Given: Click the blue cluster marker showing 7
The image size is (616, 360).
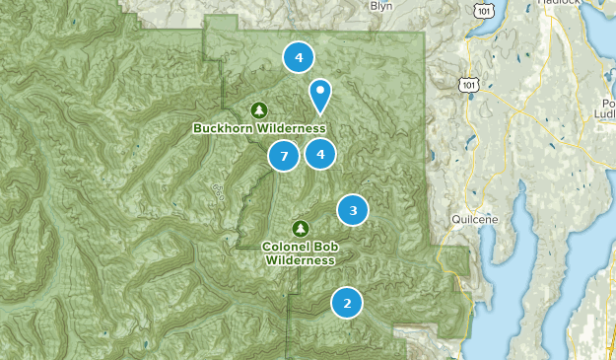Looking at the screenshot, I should [283, 156].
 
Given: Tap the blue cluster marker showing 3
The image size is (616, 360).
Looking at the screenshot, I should [353, 209].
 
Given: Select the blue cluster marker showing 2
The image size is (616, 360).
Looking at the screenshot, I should [346, 303].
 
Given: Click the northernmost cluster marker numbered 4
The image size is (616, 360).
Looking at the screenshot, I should [298, 57].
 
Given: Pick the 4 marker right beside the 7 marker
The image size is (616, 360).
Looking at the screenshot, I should [319, 154].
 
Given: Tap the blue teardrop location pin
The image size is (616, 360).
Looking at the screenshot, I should [319, 95].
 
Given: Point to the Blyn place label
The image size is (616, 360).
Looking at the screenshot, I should [380, 6].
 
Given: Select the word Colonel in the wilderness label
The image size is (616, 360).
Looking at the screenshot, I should [288, 246].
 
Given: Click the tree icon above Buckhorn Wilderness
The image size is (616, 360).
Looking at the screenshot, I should [259, 109].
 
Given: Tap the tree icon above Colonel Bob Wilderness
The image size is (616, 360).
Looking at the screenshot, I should [302, 228].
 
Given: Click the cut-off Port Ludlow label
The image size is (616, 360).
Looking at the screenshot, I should [604, 108].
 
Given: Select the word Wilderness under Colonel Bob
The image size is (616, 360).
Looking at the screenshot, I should [301, 260].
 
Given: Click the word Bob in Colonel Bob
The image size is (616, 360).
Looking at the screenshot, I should [323, 246].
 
